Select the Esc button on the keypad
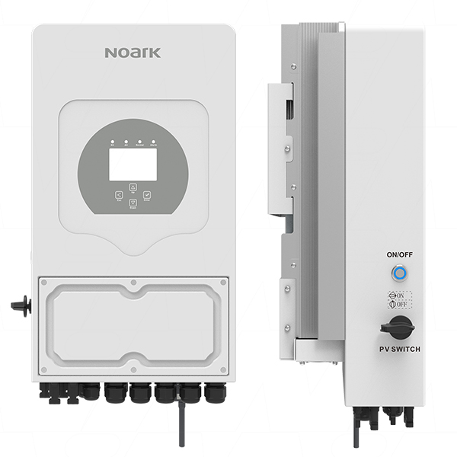coord(118,196)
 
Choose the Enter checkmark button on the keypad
coord(147,196)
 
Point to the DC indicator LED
coord(112,142)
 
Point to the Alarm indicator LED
coord(152,142)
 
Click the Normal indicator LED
coord(139,142)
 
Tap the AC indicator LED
coord(125,142)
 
